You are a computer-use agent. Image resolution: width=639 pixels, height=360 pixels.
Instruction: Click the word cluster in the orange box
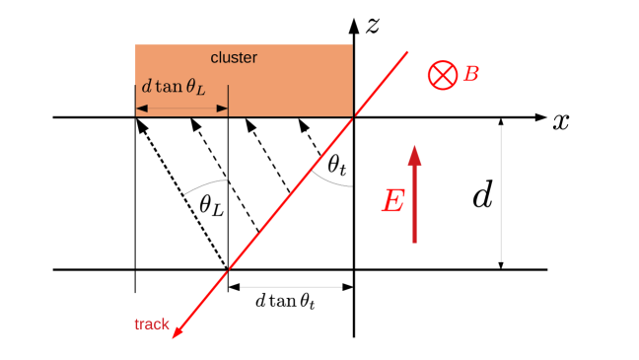click(x=234, y=58)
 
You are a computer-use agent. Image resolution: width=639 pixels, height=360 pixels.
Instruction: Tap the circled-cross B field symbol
click(x=443, y=74)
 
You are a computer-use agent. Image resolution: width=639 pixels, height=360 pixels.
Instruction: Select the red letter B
click(x=471, y=73)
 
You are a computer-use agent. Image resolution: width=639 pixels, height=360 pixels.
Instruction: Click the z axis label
click(x=373, y=27)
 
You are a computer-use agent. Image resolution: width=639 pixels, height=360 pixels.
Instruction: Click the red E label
click(x=392, y=202)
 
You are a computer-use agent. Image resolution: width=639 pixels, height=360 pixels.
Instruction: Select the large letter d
click(x=482, y=195)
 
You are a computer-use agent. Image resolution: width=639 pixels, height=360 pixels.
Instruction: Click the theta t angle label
click(x=337, y=167)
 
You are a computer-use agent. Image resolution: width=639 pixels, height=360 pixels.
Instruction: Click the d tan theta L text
click(x=175, y=86)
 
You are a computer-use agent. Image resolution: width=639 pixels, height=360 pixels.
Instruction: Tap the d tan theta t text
click(x=285, y=300)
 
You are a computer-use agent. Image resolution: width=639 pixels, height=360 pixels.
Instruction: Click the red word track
click(x=152, y=324)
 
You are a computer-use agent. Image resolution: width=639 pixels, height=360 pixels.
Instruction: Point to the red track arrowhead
click(x=177, y=332)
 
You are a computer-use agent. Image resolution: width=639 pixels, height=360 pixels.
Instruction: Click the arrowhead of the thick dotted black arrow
click(x=141, y=124)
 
